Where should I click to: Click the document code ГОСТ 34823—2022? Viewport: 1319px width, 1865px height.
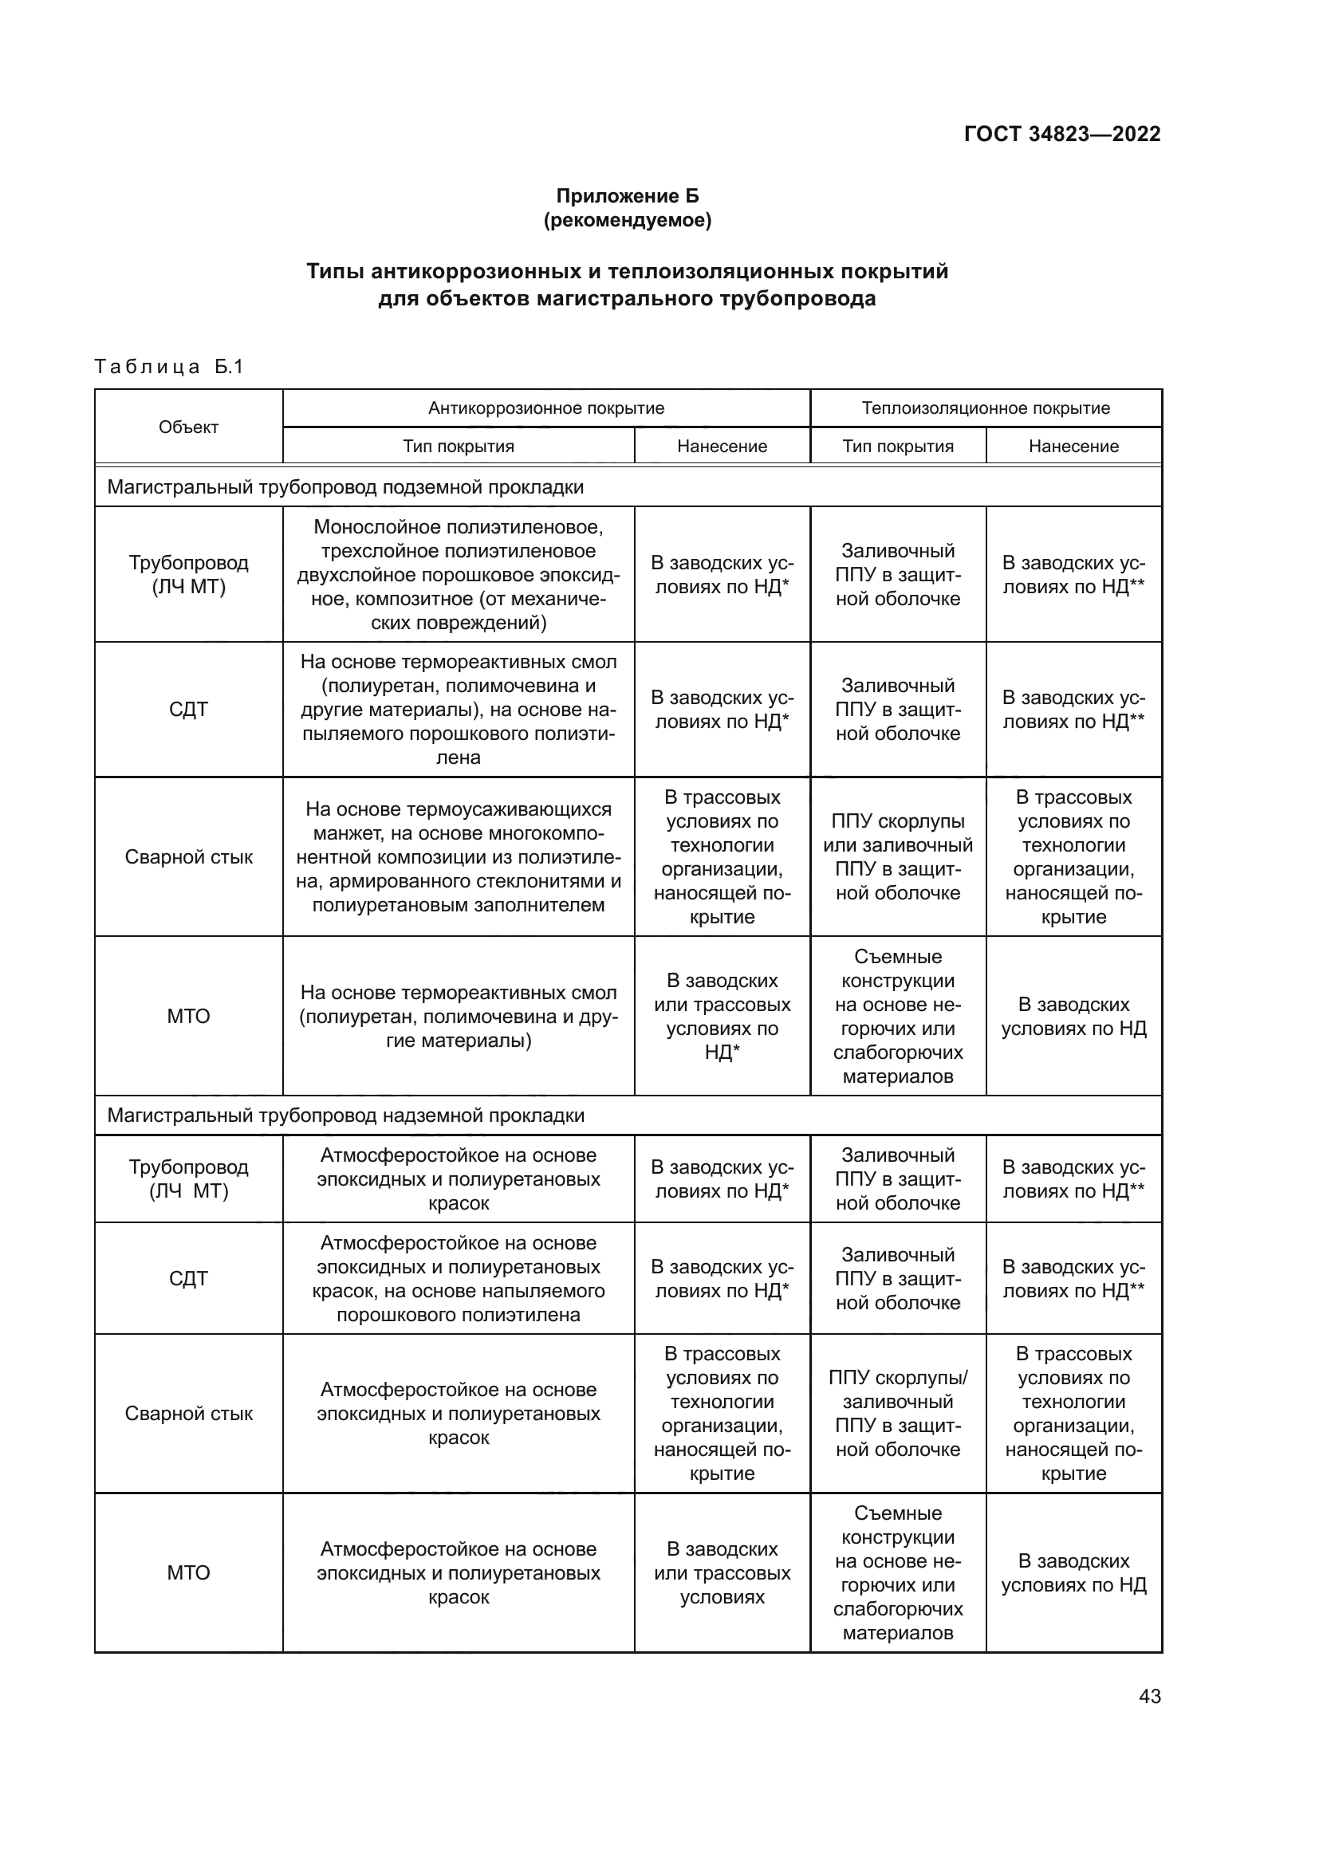1061,134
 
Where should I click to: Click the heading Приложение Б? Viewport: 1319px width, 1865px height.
627,196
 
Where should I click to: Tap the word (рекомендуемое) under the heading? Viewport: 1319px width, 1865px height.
627,220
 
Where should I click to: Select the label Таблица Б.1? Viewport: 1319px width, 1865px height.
169,366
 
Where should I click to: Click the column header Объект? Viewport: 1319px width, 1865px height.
188,427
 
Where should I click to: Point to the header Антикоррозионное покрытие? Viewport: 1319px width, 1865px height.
545,408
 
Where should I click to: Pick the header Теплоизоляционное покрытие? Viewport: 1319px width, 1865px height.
985,408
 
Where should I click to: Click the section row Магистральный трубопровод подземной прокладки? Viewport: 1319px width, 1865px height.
345,487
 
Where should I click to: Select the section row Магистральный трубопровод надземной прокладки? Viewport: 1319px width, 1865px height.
345,1115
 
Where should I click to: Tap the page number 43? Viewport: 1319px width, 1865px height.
1149,1696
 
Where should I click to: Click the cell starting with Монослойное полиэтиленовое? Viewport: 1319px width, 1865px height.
458,574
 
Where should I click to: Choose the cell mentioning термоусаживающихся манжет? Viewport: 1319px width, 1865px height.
458,857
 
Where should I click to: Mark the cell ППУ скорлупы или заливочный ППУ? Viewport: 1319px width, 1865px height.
897,857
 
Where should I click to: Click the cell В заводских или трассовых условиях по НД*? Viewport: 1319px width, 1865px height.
722,1016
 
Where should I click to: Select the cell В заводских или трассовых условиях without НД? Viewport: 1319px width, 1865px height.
722,1572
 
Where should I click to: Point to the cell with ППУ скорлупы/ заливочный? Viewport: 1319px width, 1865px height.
897,1414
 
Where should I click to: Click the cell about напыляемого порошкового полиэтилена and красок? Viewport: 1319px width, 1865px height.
458,1278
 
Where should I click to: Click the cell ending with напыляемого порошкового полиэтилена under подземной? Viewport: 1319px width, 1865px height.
458,710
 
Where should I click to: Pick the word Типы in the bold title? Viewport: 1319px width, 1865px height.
335,271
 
